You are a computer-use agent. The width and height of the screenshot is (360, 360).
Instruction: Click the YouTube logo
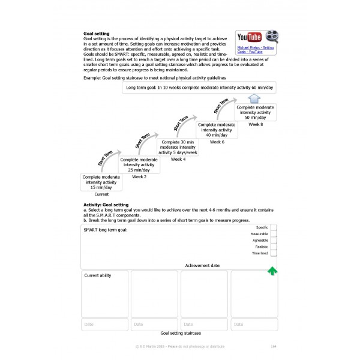point(250,37)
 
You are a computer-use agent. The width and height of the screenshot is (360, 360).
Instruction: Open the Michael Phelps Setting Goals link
point(256,50)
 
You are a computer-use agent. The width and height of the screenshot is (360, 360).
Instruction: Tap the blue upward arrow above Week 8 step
point(255,99)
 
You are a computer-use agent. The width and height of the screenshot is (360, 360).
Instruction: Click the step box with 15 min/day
point(101,182)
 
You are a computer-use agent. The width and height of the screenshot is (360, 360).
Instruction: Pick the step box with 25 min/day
point(139,165)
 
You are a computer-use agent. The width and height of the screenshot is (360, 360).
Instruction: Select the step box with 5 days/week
point(178,147)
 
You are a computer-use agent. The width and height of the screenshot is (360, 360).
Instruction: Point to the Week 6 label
point(217,142)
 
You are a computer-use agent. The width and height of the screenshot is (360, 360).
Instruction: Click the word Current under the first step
point(101,194)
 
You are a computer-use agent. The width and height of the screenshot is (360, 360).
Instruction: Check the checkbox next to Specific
point(273,227)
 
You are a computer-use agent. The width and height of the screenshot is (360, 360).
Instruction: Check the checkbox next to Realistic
point(273,247)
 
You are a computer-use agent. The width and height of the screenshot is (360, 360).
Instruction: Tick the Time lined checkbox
point(273,253)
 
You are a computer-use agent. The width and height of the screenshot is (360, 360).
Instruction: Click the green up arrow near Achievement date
point(272,271)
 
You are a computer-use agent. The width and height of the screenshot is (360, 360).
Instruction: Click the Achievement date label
point(203,265)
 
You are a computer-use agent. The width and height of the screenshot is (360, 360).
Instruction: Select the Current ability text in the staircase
point(98,276)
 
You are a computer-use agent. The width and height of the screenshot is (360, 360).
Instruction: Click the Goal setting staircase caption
point(181,332)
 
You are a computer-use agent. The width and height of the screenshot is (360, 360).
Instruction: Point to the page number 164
point(274,347)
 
